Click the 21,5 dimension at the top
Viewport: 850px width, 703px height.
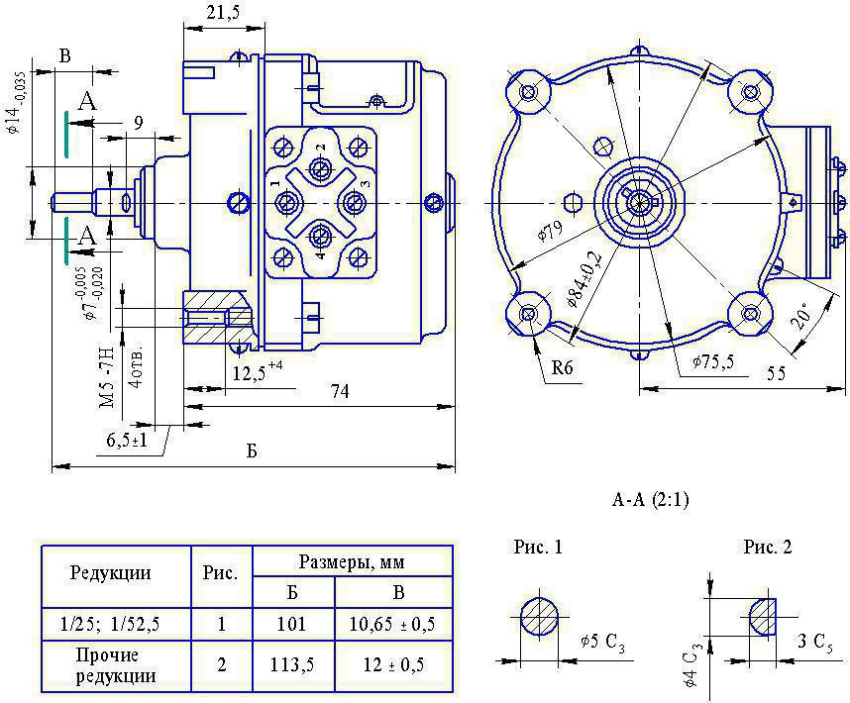[223, 12]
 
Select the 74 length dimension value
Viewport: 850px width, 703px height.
[340, 391]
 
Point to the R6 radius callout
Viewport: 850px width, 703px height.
[562, 368]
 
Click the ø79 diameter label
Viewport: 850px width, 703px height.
[550, 232]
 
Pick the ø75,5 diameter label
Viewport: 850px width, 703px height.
[713, 361]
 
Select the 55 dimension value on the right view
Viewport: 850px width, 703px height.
[777, 372]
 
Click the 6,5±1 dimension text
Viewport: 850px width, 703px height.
[127, 440]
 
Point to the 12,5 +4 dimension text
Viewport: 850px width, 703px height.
[258, 372]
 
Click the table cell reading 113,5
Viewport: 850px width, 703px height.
[292, 665]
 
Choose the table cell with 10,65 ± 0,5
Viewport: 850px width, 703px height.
[392, 625]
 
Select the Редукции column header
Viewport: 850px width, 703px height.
[110, 573]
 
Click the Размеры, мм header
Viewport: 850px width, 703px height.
[352, 562]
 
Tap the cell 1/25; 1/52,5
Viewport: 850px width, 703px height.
[110, 625]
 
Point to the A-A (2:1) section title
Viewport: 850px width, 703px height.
[651, 499]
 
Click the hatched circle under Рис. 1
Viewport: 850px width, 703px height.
[539, 617]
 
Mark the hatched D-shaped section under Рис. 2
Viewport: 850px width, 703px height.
[763, 617]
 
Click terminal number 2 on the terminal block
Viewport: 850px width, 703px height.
[320, 147]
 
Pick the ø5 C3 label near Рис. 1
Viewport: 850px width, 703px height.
[602, 643]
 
